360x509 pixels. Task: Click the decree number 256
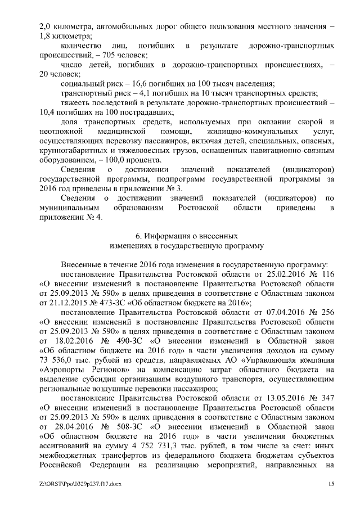coord(327,312)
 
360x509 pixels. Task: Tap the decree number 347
coord(327,398)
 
